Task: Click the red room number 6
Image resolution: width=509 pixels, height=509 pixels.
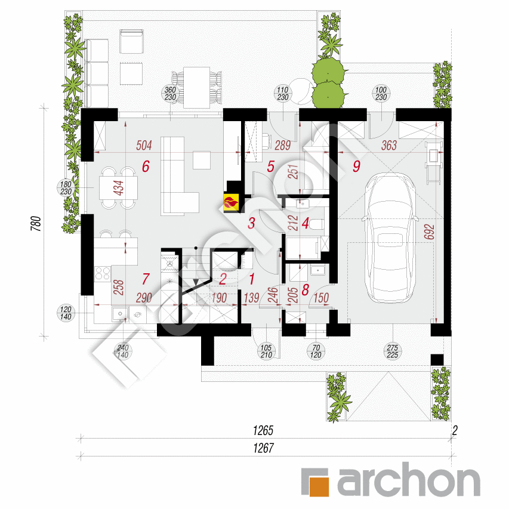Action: (x=146, y=166)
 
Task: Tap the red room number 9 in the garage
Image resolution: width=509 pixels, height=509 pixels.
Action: (x=356, y=166)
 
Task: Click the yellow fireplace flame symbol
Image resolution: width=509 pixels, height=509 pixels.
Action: (x=231, y=203)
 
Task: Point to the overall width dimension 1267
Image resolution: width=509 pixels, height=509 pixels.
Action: (x=263, y=448)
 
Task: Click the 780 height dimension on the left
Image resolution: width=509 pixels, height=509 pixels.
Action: (x=36, y=223)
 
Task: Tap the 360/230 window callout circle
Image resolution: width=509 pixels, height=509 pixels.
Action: (x=170, y=94)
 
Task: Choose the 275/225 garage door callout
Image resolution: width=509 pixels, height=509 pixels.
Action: (x=393, y=351)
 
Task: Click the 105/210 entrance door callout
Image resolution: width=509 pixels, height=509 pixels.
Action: (x=266, y=351)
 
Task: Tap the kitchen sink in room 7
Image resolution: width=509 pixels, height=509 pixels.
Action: (x=120, y=314)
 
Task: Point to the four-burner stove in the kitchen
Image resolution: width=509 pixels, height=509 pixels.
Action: (x=103, y=273)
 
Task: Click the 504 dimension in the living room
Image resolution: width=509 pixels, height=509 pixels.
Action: (x=144, y=146)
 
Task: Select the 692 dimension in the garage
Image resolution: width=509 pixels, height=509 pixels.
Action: (x=429, y=232)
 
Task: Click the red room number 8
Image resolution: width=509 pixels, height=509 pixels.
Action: (x=305, y=290)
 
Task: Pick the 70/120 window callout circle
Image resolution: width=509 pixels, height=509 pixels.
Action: (x=316, y=351)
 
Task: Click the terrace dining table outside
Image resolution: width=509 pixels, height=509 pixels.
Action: (x=196, y=88)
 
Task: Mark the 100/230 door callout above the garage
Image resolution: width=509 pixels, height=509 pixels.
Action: (x=381, y=94)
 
